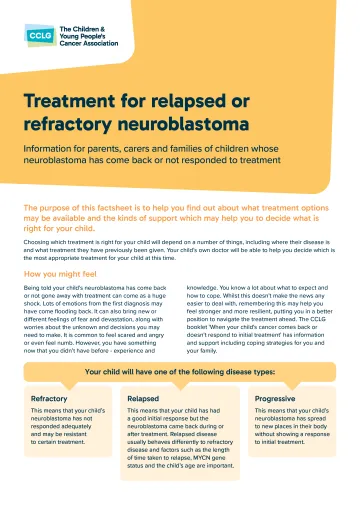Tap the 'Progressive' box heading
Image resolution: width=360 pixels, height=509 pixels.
[278, 397]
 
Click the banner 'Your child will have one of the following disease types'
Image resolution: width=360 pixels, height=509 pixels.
[179, 372]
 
